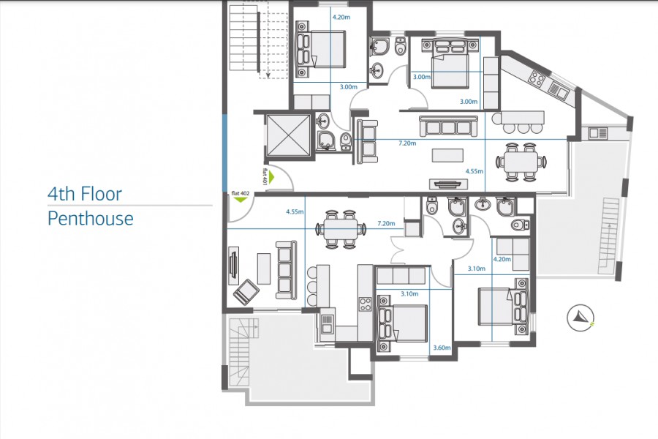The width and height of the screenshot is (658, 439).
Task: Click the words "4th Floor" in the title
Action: click(84, 194)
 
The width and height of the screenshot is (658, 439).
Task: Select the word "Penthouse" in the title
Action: click(91, 218)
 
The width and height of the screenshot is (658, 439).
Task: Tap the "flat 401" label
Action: click(264, 176)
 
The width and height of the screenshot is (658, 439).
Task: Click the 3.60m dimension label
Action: click(441, 348)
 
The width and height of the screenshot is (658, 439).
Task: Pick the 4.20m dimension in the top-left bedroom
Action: click(341, 16)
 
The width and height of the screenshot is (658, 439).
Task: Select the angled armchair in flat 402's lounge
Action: click(245, 293)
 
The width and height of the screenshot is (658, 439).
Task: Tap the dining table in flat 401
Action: click(522, 161)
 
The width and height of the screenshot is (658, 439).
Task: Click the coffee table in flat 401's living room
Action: click(447, 156)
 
